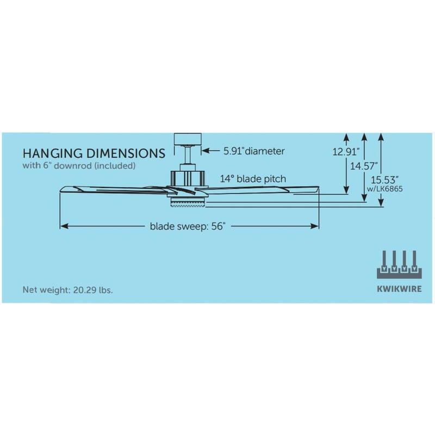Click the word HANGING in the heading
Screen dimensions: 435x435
pos(53,153)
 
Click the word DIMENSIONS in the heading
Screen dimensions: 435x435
pos(126,153)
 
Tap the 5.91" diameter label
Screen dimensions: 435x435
pos(254,151)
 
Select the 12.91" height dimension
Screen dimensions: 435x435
pos(346,152)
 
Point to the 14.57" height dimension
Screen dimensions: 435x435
pos(364,166)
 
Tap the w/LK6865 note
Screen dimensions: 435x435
pos(385,189)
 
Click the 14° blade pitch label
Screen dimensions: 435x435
pos(253,179)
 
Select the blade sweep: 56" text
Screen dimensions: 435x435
pos(187,226)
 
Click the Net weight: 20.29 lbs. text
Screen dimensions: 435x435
pos(67,290)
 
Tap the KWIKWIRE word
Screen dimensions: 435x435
pos(399,289)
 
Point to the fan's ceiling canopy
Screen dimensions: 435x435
pos(188,139)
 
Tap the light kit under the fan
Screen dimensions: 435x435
pos(188,202)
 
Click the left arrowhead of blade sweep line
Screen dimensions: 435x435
pos(64,226)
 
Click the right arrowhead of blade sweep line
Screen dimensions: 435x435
pos(315,226)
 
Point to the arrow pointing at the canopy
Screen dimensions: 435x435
pos(211,151)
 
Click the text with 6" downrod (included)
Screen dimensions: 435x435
pos(79,166)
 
